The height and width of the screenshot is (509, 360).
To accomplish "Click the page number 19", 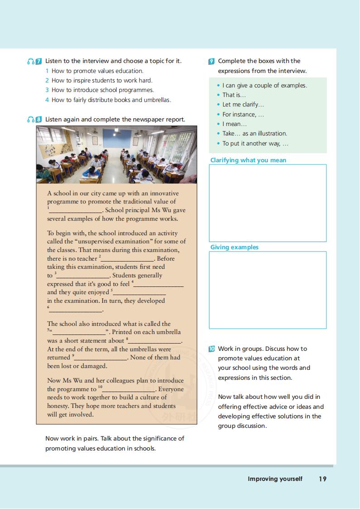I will coord(322,479).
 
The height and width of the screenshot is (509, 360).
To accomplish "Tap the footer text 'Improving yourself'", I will coord(275,479).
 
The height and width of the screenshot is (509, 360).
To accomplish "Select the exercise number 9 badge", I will coord(212,61).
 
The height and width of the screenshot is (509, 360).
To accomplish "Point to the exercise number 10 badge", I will coord(212,349).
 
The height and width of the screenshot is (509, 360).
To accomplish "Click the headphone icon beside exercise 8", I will coord(30,120).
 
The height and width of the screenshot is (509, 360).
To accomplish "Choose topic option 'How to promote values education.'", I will coord(97,71).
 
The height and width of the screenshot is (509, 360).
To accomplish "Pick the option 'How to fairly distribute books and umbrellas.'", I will coord(111,100).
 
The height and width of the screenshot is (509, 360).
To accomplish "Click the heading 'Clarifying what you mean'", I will coord(248,160).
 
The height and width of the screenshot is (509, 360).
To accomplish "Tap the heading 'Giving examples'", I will coord(234,247).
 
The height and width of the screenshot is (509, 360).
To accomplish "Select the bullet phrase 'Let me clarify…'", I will coord(243,105).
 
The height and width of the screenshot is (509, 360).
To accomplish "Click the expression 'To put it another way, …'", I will coord(255,143).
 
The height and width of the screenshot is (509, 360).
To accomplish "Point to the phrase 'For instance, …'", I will coord(243,114).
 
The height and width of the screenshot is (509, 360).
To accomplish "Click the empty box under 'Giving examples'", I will coord(268,290).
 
